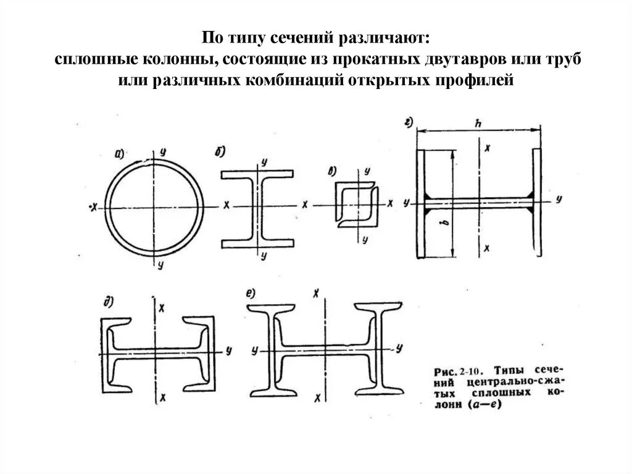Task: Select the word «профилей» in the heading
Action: coord(478,80)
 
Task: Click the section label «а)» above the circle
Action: coord(120,154)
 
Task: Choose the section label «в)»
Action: coord(332,172)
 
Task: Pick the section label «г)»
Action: coord(408,122)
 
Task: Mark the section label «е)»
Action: coord(250,294)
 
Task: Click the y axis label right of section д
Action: coord(228,350)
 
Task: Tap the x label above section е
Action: coord(317,292)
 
